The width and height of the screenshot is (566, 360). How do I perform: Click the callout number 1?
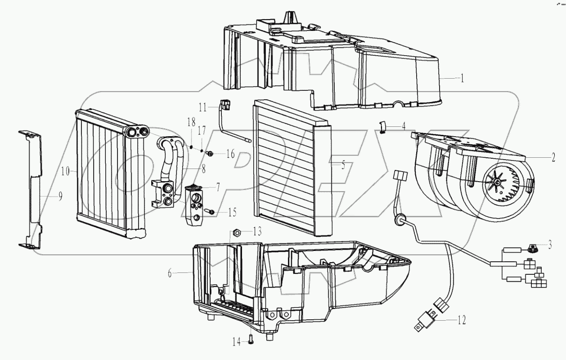click(462, 78)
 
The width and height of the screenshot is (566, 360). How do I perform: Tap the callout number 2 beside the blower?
click(553, 158)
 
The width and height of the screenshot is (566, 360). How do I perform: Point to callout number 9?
click(60, 197)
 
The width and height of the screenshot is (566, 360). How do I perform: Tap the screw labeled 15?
click(212, 213)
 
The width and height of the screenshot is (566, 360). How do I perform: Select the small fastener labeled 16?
click(211, 153)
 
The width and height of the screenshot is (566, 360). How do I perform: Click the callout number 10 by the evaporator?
click(66, 172)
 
